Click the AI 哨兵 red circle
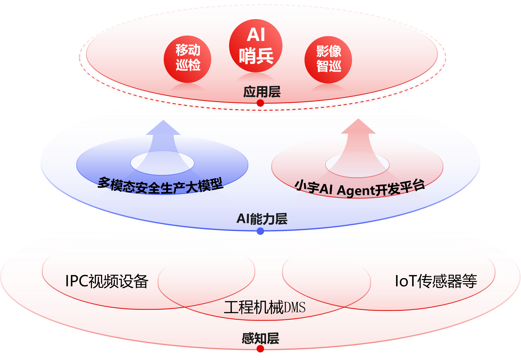click(x=255, y=46)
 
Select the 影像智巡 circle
click(x=328, y=60)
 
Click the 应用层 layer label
click(x=262, y=92)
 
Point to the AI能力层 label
click(x=262, y=219)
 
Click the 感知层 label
click(x=260, y=339)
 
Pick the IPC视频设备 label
click(x=107, y=281)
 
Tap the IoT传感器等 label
click(x=436, y=281)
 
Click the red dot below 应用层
click(x=260, y=103)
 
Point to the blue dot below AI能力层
click(x=260, y=232)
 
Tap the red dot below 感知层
click(x=260, y=349)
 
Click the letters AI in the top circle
click(x=256, y=35)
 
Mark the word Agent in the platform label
click(x=355, y=190)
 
